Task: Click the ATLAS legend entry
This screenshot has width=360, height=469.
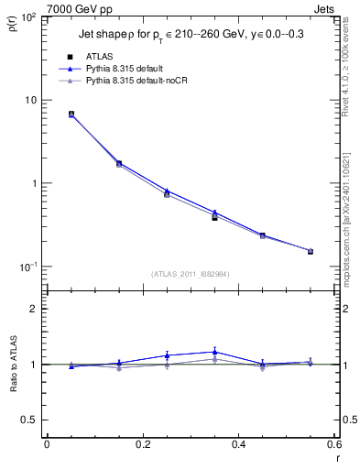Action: point(100,57)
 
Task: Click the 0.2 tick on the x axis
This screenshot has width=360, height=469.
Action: point(142,445)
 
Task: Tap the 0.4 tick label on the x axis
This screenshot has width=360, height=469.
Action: point(238,445)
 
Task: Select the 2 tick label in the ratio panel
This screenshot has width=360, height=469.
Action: point(36,309)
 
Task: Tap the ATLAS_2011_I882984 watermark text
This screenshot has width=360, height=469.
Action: point(190,273)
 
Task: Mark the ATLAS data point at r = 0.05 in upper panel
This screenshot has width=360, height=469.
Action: point(71,115)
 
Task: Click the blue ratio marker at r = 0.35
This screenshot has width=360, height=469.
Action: point(214,351)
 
